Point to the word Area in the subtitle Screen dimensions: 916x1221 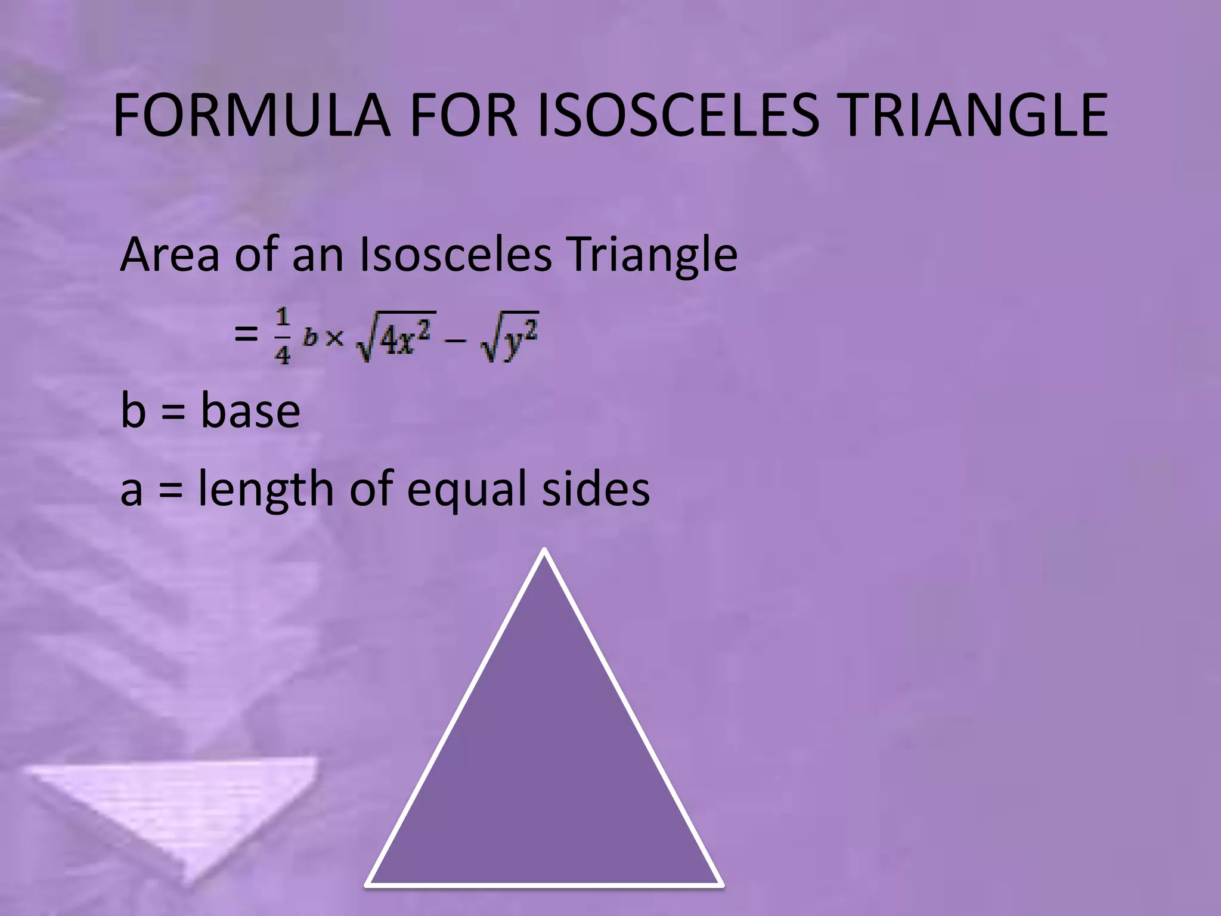171,255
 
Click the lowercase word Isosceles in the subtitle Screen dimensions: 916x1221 456,255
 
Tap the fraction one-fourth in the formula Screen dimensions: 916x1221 282,336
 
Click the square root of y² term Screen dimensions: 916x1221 510,338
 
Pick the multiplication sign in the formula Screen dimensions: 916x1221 335,338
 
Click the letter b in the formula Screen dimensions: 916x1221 310,338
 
